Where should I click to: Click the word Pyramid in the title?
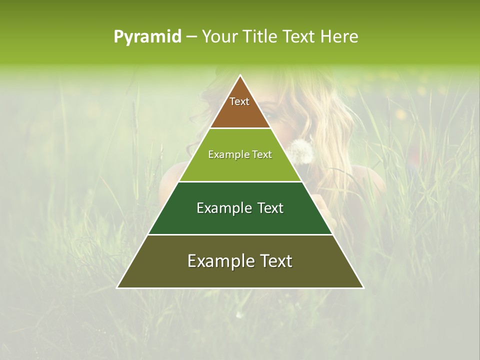click(x=147, y=37)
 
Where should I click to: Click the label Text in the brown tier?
click(x=239, y=102)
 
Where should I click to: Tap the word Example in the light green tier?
click(x=223, y=155)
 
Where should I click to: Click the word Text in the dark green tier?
click(x=266, y=208)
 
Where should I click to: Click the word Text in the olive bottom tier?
click(x=274, y=261)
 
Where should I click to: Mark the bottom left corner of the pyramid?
click(x=117, y=287)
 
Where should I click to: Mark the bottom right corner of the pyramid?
click(x=363, y=287)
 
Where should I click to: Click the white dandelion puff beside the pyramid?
click(x=301, y=151)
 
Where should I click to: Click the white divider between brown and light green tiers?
click(x=240, y=128)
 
